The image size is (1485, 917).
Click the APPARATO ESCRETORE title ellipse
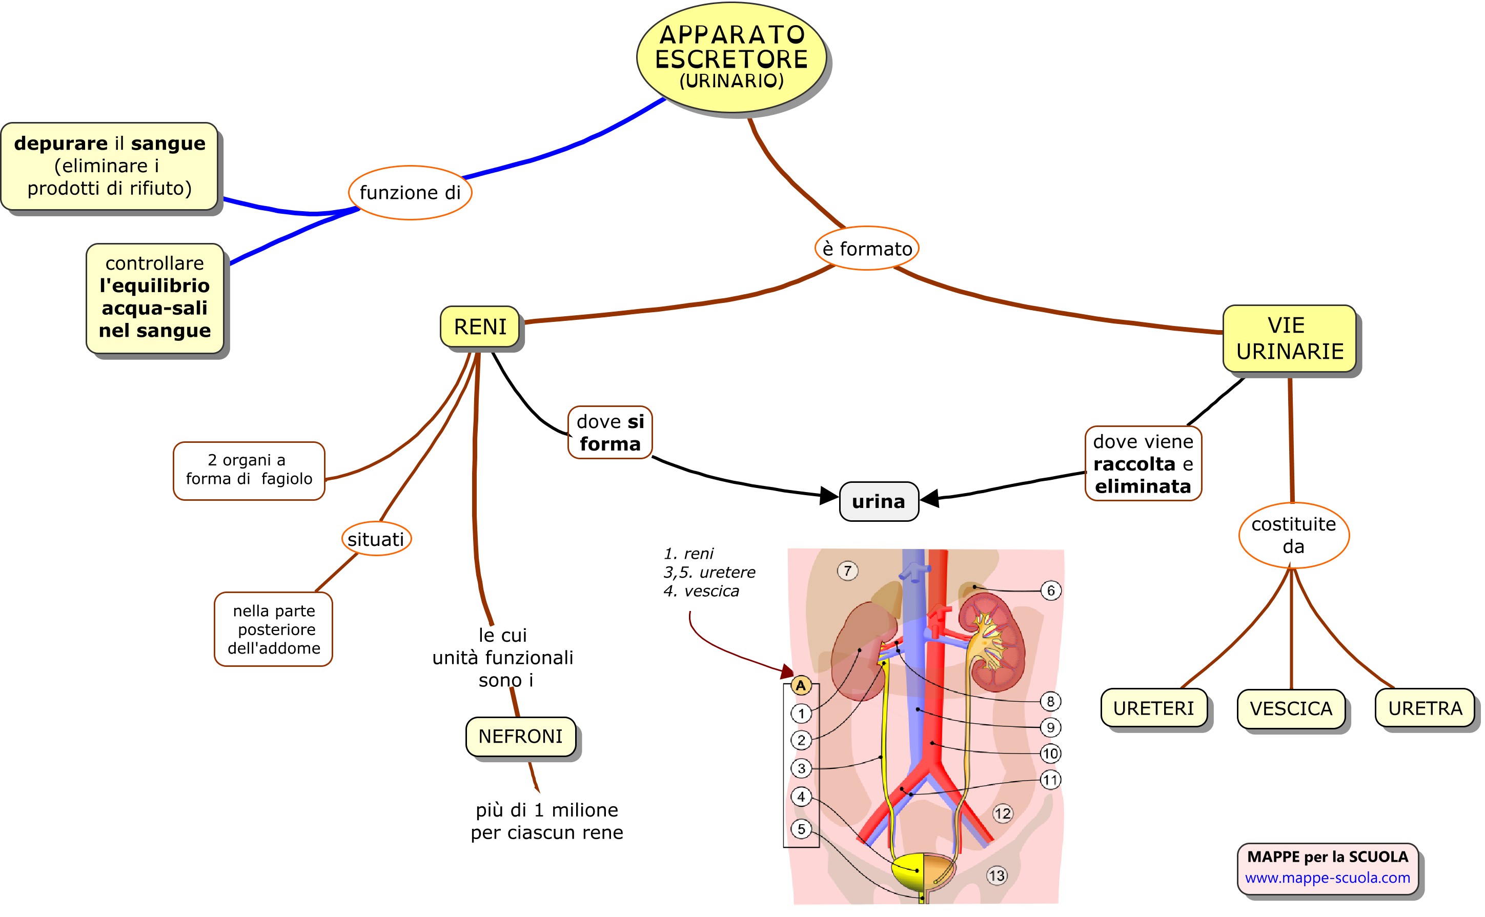click(731, 57)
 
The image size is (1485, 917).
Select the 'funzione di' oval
click(410, 193)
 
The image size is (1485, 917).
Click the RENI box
click(480, 327)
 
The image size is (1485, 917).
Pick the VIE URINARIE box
click(1289, 338)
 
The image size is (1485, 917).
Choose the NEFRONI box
click(520, 736)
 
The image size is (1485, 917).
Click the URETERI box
click(1153, 708)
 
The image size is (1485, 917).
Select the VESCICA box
click(1291, 708)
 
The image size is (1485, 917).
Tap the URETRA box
click(1425, 708)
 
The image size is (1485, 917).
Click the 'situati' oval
click(376, 539)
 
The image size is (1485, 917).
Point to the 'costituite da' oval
click(1293, 535)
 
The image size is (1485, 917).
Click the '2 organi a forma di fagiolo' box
click(249, 470)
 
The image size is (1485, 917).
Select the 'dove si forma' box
click(610, 433)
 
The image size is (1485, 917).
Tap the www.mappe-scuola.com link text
click(1327, 878)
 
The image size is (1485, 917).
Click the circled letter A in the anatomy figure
click(800, 685)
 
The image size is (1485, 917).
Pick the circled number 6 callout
click(1051, 590)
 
